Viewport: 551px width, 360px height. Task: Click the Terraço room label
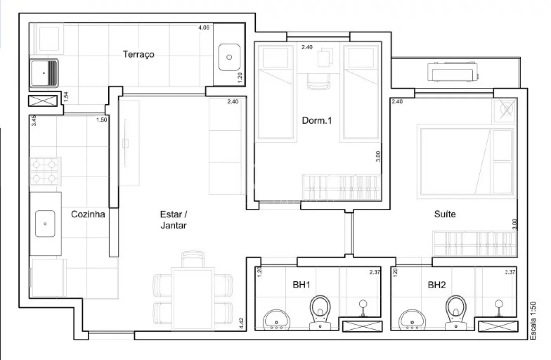(x=139, y=54)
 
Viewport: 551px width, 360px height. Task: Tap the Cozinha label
(x=88, y=214)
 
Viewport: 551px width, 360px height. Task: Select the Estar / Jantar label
(x=174, y=220)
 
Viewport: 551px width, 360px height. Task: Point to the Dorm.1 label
(x=317, y=121)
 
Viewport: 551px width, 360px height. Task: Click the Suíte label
(x=445, y=214)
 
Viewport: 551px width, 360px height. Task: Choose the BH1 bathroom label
(x=301, y=285)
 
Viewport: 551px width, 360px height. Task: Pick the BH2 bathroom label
(x=436, y=285)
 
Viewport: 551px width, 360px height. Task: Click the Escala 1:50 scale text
(x=533, y=321)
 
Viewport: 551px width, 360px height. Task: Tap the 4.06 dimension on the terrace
(x=204, y=28)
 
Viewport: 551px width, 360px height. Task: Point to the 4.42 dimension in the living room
(x=242, y=323)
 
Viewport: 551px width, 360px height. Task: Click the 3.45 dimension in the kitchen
(x=34, y=121)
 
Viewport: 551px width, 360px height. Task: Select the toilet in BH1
(x=320, y=312)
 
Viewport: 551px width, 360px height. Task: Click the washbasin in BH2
(x=412, y=319)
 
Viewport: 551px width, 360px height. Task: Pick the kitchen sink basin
(x=45, y=224)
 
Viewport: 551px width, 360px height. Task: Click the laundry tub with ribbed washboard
(x=44, y=73)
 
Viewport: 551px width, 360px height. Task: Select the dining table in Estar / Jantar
(x=192, y=299)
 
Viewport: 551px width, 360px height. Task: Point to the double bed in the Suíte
(x=466, y=162)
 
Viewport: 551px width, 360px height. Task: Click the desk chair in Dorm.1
(x=318, y=81)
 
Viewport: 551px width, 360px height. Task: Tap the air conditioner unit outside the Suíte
(x=453, y=72)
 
